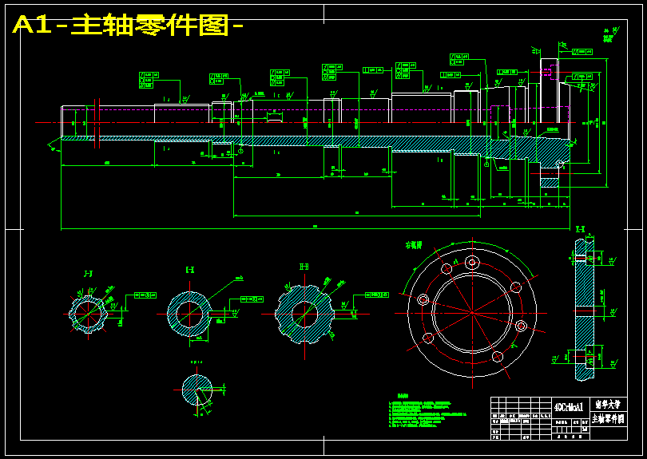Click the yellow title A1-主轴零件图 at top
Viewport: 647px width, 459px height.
click(x=128, y=25)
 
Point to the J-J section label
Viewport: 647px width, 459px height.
click(x=88, y=274)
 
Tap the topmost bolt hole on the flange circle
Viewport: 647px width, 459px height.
click(x=472, y=261)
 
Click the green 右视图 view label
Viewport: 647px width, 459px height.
click(x=414, y=245)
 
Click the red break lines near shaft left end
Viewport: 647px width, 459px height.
click(x=97, y=121)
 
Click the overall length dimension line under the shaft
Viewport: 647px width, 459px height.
click(x=312, y=228)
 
